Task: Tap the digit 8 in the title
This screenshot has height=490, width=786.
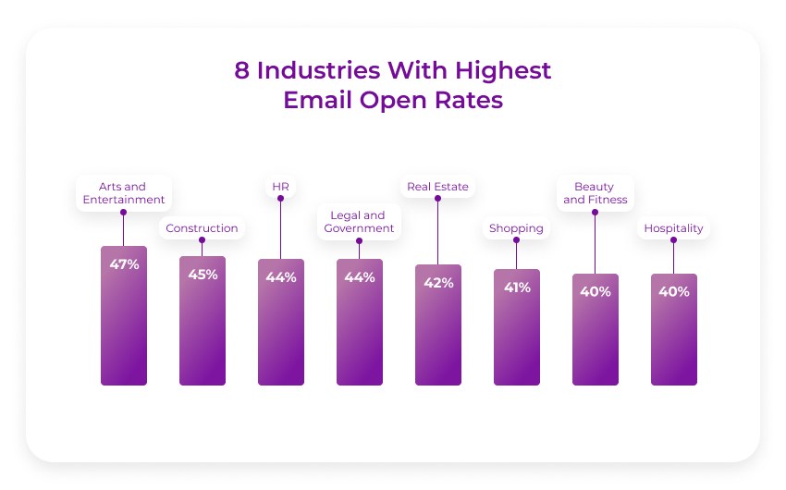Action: click(x=242, y=70)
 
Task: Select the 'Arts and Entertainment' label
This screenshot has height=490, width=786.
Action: click(x=123, y=193)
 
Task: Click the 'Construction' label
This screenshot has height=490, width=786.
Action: click(x=202, y=228)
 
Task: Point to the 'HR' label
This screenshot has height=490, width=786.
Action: click(x=280, y=187)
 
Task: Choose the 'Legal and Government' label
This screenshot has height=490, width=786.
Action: click(x=359, y=222)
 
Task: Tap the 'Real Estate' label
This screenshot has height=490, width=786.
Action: click(x=437, y=187)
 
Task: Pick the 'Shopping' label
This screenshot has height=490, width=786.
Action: click(x=516, y=228)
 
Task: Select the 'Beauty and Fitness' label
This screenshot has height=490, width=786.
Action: click(x=595, y=193)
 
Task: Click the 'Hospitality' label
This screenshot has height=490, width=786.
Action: click(x=673, y=228)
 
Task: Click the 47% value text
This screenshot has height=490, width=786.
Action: click(x=124, y=264)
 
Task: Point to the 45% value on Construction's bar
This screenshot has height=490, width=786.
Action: click(x=203, y=275)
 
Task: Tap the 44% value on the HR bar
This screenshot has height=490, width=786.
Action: click(x=281, y=277)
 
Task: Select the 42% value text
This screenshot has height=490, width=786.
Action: click(x=438, y=283)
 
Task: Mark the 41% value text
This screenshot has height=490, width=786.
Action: click(x=517, y=288)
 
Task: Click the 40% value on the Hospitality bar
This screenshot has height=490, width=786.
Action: click(x=674, y=292)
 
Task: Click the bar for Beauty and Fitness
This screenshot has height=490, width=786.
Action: click(x=596, y=342)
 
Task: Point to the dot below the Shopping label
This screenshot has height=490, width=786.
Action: click(x=516, y=240)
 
